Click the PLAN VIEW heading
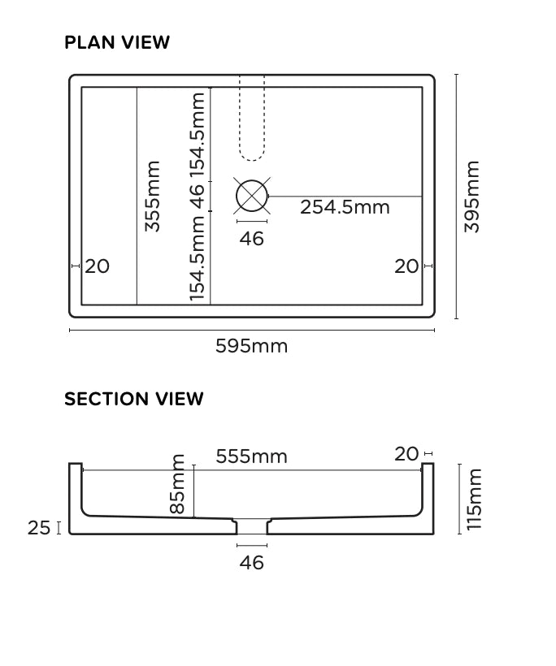[x=117, y=42]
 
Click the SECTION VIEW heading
[x=134, y=399]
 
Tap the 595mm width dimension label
[x=251, y=346]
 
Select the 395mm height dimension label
[x=472, y=197]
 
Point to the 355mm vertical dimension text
[x=153, y=197]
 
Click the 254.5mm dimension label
[x=345, y=207]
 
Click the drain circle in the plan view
[x=252, y=196]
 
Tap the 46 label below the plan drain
[x=252, y=239]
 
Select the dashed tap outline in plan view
[x=252, y=118]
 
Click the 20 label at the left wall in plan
[x=97, y=266]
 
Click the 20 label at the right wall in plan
[x=406, y=266]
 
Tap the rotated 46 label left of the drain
[x=198, y=196]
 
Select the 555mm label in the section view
[x=251, y=456]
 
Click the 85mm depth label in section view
[x=178, y=484]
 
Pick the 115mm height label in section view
[x=475, y=499]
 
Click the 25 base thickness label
[x=39, y=528]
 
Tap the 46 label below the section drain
[x=252, y=562]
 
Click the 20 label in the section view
[x=406, y=455]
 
